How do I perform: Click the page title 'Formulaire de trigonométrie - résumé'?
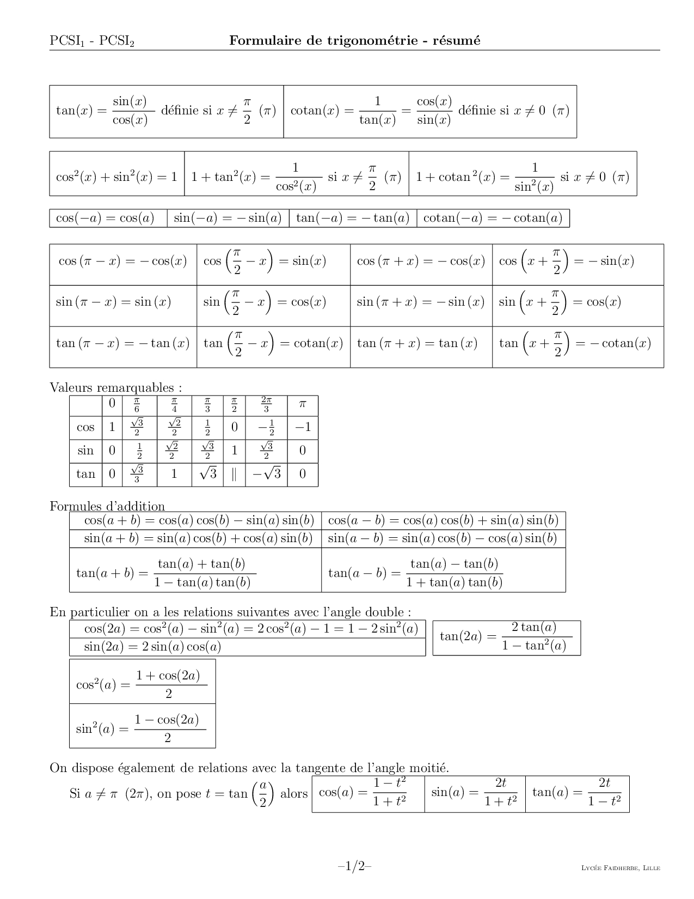pyautogui.click(x=355, y=40)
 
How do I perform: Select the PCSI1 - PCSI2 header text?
pyautogui.click(x=91, y=41)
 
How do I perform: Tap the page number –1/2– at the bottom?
pyautogui.click(x=354, y=866)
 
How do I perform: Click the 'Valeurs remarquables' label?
pyautogui.click(x=115, y=387)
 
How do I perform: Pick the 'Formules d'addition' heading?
pyautogui.click(x=107, y=506)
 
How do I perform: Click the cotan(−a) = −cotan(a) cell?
pyautogui.click(x=493, y=218)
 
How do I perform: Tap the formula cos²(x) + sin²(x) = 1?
pyautogui.click(x=116, y=177)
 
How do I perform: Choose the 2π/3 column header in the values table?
pyautogui.click(x=266, y=404)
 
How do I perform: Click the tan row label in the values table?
pyautogui.click(x=86, y=474)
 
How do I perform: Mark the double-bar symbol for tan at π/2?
pyautogui.click(x=234, y=474)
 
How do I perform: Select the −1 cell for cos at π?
pyautogui.click(x=303, y=427)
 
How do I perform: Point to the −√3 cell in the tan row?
pyautogui.click(x=266, y=474)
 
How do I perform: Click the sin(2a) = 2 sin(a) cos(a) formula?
pyautogui.click(x=152, y=647)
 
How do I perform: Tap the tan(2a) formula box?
pyautogui.click(x=506, y=637)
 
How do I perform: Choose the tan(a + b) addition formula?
pyautogui.click(x=166, y=573)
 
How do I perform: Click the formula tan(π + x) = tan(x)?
pyautogui.click(x=417, y=343)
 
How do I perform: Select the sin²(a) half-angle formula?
pyautogui.click(x=142, y=728)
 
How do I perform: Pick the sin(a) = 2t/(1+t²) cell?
pyautogui.click(x=474, y=793)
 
